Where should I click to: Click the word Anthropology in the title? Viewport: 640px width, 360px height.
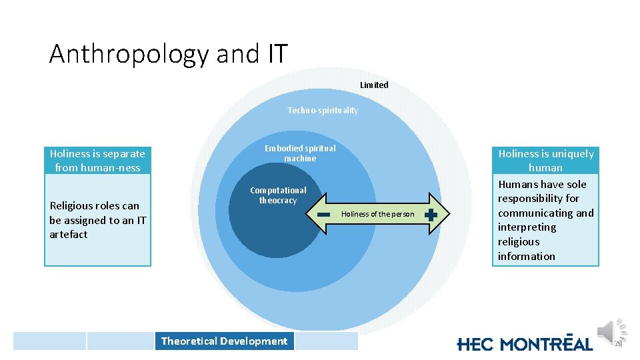click(x=129, y=54)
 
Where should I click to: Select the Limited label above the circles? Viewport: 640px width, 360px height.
click(x=374, y=85)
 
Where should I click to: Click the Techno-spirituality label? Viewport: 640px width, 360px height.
click(x=323, y=110)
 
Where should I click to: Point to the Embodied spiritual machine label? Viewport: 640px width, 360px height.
click(x=300, y=153)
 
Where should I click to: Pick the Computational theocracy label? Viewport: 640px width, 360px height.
click(x=278, y=195)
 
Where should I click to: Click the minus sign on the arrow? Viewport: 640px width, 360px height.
click(x=325, y=215)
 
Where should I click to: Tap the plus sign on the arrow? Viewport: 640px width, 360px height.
click(x=431, y=215)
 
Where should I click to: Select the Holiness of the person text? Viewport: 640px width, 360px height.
click(x=377, y=215)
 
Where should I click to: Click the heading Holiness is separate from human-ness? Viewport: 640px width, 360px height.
click(x=97, y=161)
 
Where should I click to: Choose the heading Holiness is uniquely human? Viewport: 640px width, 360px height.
click(x=546, y=161)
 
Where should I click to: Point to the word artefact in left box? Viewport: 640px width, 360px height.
click(x=68, y=235)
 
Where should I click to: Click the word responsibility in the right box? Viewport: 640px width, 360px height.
click(x=539, y=199)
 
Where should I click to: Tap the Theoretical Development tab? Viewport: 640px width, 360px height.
click(x=224, y=341)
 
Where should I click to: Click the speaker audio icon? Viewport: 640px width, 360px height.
click(x=609, y=331)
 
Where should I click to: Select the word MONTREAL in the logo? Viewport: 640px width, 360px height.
click(x=546, y=344)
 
